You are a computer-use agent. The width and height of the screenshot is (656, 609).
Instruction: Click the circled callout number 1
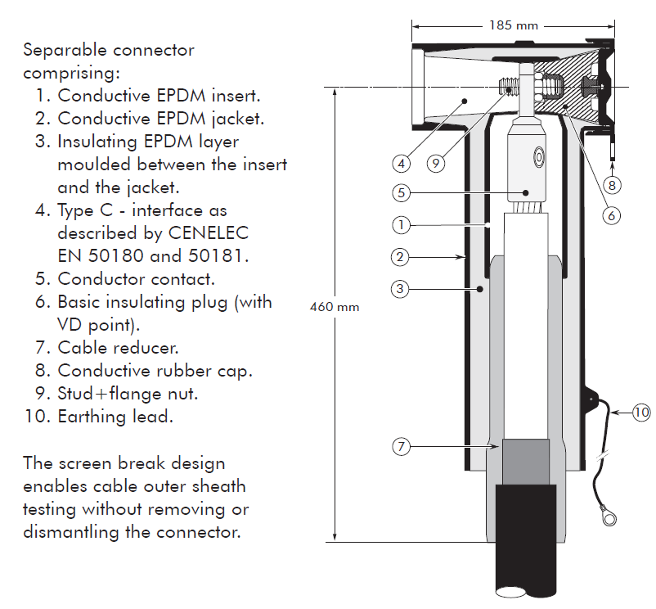[x=399, y=223]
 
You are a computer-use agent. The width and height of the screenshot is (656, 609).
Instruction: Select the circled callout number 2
[x=399, y=257]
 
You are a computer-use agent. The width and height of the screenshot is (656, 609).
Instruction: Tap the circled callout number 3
[x=399, y=288]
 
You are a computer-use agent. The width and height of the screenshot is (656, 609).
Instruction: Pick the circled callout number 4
[x=401, y=163]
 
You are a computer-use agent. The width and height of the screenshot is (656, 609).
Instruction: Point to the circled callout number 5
[x=399, y=193]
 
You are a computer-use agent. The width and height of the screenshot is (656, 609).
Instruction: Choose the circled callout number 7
[x=399, y=446]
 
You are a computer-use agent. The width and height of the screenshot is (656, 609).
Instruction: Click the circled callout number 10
[x=641, y=412]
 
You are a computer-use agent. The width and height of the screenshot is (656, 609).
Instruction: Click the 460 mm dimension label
[x=335, y=308]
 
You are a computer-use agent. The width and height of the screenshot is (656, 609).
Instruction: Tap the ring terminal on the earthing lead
[x=606, y=517]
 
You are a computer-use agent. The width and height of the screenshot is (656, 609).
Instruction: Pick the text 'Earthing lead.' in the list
[x=115, y=416]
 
